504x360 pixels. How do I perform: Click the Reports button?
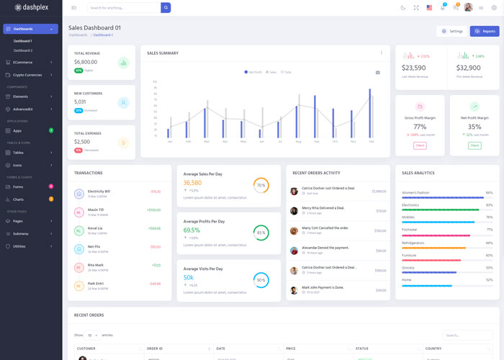(484, 31)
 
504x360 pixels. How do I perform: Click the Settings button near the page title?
(451, 31)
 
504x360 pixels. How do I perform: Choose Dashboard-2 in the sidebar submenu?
(23, 50)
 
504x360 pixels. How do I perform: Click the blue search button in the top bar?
(166, 7)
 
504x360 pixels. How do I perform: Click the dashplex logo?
(32, 7)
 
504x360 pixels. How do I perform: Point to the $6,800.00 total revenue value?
(86, 62)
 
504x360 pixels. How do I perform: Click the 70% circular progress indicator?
(261, 185)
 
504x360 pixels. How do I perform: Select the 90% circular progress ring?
(261, 279)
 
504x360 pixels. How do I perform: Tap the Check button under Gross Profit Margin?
(420, 145)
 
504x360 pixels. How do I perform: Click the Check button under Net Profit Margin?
(474, 145)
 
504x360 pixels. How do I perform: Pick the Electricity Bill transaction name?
(99, 191)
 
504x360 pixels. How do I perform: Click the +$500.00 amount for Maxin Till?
(154, 210)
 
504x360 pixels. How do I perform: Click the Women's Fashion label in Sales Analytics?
(415, 192)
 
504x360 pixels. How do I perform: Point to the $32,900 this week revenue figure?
(469, 68)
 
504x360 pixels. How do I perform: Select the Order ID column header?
(156, 348)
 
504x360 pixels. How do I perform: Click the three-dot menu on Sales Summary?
(382, 53)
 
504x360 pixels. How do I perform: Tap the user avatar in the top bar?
(468, 7)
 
